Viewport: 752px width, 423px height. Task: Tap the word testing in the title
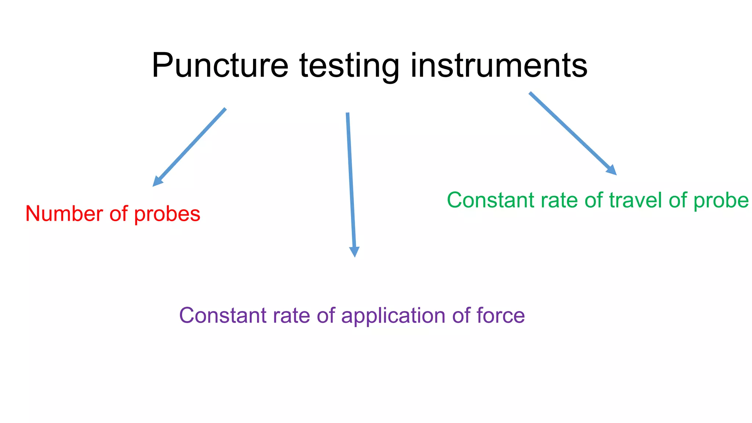click(349, 66)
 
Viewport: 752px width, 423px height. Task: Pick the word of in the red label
click(118, 214)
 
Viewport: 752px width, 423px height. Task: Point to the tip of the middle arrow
click(355, 256)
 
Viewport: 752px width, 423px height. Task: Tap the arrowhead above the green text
click(612, 171)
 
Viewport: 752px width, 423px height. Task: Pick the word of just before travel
click(594, 200)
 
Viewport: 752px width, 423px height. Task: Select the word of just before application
click(326, 315)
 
